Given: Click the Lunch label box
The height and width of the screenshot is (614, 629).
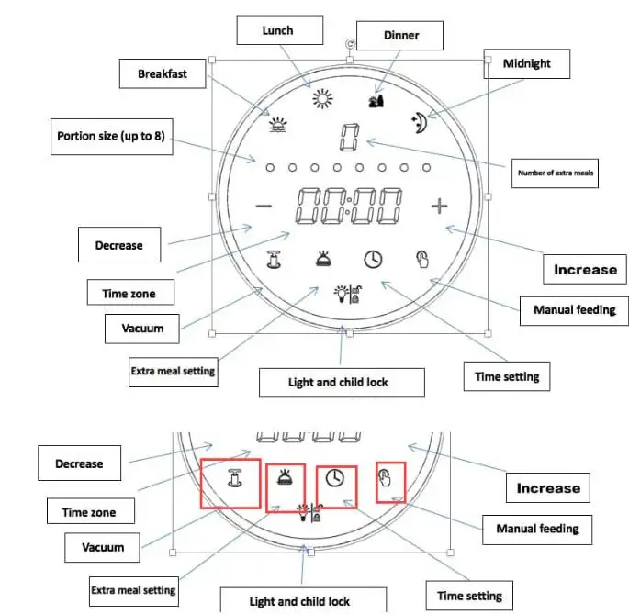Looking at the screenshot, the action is tap(277, 31).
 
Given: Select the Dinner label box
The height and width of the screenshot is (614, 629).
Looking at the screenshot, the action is tap(400, 36).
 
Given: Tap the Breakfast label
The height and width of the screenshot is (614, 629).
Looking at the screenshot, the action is tap(163, 73).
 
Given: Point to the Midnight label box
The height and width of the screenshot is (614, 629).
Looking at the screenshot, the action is tap(527, 63).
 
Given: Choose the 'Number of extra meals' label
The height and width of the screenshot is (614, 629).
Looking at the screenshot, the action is tap(554, 173).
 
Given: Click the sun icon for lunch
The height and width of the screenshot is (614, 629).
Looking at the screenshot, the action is tap(321, 100).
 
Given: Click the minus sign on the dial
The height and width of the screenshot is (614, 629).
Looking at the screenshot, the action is tap(264, 207).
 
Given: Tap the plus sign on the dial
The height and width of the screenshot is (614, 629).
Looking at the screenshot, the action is tap(440, 206).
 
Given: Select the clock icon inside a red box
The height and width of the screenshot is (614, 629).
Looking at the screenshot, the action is tap(336, 478).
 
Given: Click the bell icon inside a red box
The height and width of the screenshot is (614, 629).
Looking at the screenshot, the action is tap(283, 477).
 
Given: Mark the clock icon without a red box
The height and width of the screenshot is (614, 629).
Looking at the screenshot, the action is tap(371, 259).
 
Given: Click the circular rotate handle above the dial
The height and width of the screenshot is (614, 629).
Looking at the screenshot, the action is tap(349, 42).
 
